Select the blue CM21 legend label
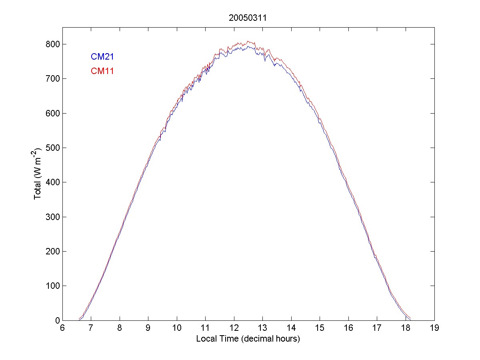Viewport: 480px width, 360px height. coord(102,57)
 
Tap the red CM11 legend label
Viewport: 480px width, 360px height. coord(102,72)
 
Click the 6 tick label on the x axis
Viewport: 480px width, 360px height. coord(62,328)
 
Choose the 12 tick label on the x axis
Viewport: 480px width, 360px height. coord(234,328)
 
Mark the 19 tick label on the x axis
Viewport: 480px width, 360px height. coord(434,328)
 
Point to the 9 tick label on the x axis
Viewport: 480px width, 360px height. coord(148,328)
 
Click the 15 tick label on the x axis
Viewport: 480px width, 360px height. coord(320,328)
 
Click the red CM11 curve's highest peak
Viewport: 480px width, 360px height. coord(248,41)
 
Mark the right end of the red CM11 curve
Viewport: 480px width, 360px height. coord(410,318)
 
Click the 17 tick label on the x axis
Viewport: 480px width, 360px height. coord(377,328)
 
